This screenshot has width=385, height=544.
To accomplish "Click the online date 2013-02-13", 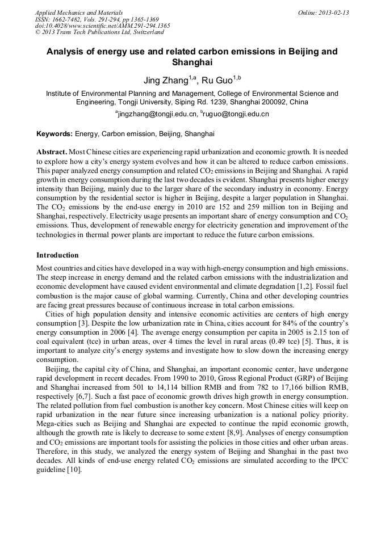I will click(x=333, y=12).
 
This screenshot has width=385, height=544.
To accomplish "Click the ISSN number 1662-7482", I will click(x=69, y=19).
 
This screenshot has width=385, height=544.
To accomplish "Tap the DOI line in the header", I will click(x=102, y=26).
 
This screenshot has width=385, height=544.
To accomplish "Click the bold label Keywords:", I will click(x=55, y=134).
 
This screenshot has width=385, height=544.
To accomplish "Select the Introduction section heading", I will click(x=57, y=255).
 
